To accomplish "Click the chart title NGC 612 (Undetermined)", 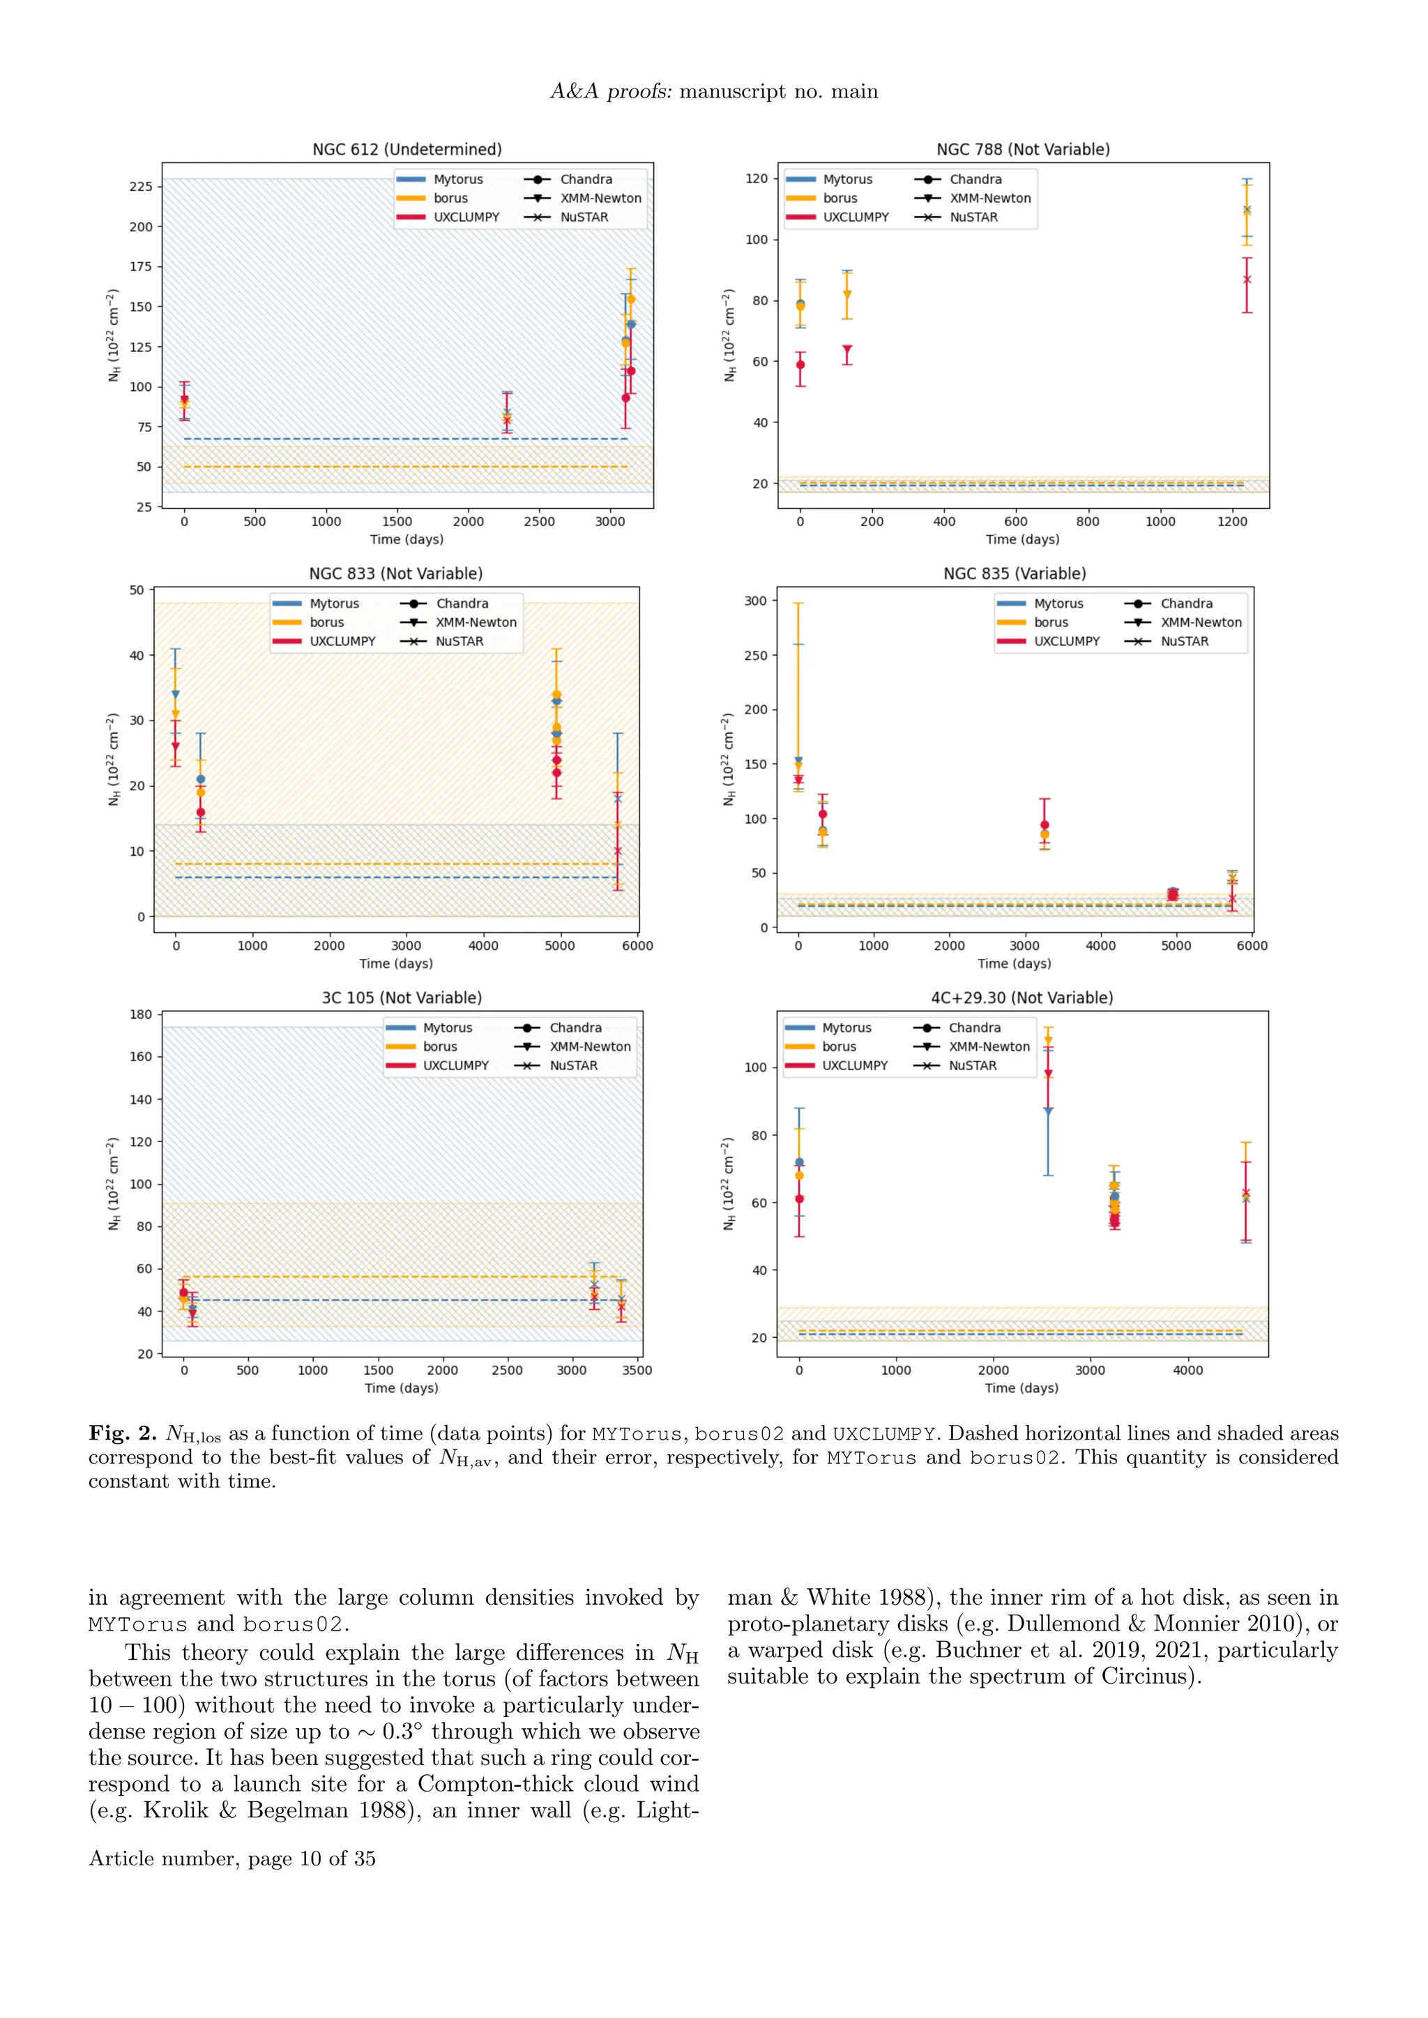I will pos(407,149).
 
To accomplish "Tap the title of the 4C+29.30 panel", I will pos(1021,998).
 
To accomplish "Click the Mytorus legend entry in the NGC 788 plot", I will pos(846,179).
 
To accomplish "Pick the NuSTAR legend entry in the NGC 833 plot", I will pos(459,642).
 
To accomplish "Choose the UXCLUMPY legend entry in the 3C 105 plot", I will pos(455,1065).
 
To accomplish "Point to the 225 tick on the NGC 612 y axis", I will pos(141,186).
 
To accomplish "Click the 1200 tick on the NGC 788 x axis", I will pos(1232,522).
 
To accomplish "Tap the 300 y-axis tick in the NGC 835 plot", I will pos(755,601).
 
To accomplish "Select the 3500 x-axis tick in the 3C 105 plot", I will pos(637,1370).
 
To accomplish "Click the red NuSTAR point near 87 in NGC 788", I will pos(1247,279).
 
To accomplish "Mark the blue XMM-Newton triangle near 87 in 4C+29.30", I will pos(1048,1112).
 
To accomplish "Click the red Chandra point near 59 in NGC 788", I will pos(800,364).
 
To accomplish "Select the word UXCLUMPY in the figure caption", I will pos(883,1434).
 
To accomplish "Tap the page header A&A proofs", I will pos(609,91).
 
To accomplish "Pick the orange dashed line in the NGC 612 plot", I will pos(404,467).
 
